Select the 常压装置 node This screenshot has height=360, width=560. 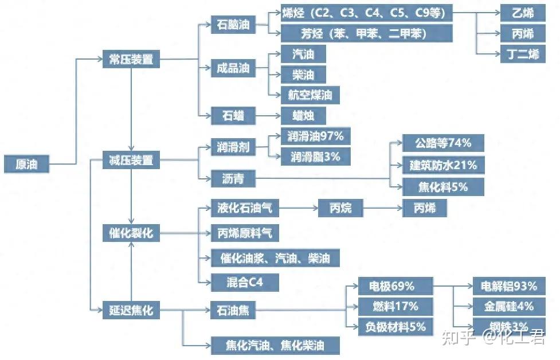point(131,59)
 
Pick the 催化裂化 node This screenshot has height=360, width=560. point(131,233)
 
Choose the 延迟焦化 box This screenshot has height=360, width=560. point(131,311)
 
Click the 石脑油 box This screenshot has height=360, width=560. point(233,25)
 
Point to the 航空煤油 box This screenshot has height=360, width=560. point(310,95)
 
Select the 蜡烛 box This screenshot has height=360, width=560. point(304,116)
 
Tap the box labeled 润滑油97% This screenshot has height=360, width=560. point(315,136)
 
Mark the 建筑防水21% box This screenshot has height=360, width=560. point(443,166)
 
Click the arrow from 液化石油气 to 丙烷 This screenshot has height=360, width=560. point(298,209)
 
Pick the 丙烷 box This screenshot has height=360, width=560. point(340,209)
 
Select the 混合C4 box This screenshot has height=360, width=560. point(245,282)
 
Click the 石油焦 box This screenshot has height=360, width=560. point(233,311)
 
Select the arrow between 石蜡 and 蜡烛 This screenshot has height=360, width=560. point(268,116)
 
